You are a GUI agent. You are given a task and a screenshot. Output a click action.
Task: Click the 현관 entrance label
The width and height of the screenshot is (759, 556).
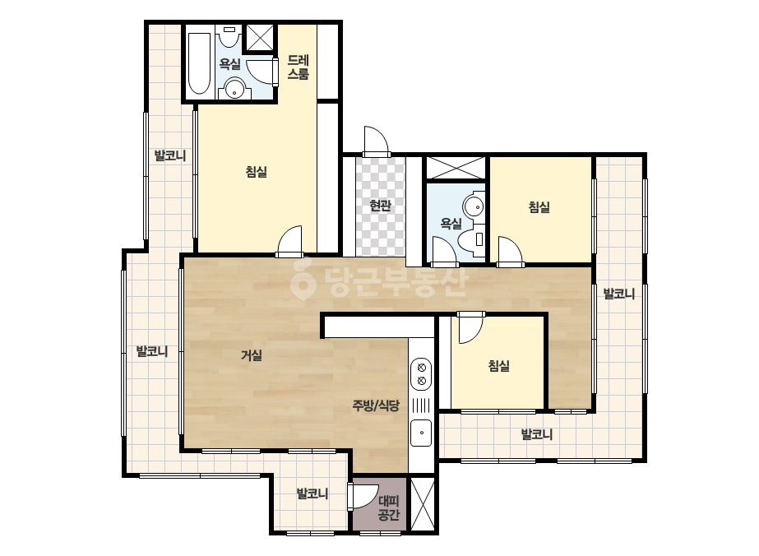pyautogui.click(x=380, y=206)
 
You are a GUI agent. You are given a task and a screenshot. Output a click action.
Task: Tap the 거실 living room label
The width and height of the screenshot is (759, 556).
pyautogui.click(x=252, y=355)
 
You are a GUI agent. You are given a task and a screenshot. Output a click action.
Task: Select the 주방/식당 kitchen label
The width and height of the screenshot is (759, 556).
pyautogui.click(x=376, y=405)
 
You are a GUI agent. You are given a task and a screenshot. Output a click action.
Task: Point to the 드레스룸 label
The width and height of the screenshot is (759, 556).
pyautogui.click(x=299, y=67)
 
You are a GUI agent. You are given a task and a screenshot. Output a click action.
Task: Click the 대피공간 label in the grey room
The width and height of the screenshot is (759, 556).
pyautogui.click(x=388, y=507)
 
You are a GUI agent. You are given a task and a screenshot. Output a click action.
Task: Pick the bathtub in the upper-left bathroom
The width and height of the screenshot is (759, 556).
pyautogui.click(x=199, y=63)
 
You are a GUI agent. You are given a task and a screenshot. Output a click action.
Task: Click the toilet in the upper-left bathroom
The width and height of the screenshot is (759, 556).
pyautogui.click(x=229, y=36)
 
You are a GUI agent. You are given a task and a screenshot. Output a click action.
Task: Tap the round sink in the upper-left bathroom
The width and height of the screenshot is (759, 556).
pyautogui.click(x=234, y=89)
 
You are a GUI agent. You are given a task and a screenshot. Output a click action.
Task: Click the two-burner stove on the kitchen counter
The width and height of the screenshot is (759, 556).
pyautogui.click(x=421, y=373)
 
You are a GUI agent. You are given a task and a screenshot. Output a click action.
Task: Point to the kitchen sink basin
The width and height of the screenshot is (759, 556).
pyautogui.click(x=421, y=433)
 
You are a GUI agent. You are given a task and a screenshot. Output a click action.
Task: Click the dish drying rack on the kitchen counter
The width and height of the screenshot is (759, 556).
pyautogui.click(x=421, y=405)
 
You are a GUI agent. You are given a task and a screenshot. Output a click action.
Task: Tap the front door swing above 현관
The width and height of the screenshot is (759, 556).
pyautogui.click(x=376, y=141)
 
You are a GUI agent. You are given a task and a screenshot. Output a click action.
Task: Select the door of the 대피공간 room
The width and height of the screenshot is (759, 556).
pyautogui.click(x=362, y=497)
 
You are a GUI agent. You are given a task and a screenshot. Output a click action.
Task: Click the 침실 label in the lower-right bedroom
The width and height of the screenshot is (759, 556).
pyautogui.click(x=498, y=365)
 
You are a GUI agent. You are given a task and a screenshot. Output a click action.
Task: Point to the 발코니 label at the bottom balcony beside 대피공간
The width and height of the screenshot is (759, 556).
pyautogui.click(x=312, y=494)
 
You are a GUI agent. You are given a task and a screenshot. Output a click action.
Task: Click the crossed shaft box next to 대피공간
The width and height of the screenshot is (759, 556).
pyautogui.click(x=423, y=503)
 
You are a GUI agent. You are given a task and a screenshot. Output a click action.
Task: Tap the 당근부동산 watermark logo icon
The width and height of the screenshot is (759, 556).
pyautogui.click(x=303, y=279)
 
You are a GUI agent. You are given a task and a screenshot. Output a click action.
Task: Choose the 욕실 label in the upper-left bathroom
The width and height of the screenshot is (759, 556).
pyautogui.click(x=230, y=63)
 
